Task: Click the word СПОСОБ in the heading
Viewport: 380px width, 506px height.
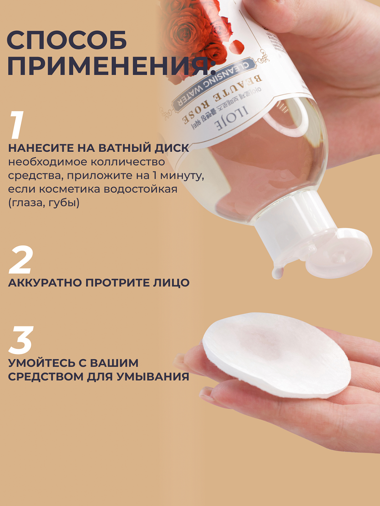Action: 67,40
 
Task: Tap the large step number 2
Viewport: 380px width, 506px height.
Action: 21,259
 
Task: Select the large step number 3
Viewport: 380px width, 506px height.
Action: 21,340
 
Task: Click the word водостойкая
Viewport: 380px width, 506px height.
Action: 140,189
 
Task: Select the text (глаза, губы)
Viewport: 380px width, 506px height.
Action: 44,203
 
